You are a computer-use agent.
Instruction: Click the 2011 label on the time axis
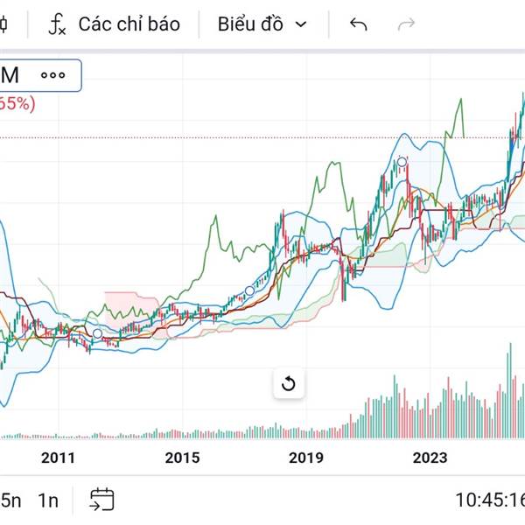pos(59,458)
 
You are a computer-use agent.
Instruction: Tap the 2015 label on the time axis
pos(182,458)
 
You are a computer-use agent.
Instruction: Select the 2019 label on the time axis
pos(305,458)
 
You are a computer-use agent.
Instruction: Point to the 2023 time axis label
pos(430,458)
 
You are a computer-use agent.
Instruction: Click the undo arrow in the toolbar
pos(358,24)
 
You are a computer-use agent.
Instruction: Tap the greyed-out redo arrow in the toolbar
pos(406,24)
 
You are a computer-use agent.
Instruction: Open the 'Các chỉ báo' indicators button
pos(129,24)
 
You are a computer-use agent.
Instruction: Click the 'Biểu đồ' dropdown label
pos(250,24)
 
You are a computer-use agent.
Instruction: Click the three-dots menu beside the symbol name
pos(52,75)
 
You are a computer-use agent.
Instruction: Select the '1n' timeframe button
pos(48,500)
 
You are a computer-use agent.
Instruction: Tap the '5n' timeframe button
pos(10,500)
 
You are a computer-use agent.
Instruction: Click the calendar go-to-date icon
pos(102,500)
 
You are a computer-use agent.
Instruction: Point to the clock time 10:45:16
pos(490,500)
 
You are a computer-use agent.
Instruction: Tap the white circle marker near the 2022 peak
pos(402,162)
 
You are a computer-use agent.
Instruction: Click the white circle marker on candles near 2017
pos(249,290)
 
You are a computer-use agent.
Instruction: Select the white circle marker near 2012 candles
pos(97,334)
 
